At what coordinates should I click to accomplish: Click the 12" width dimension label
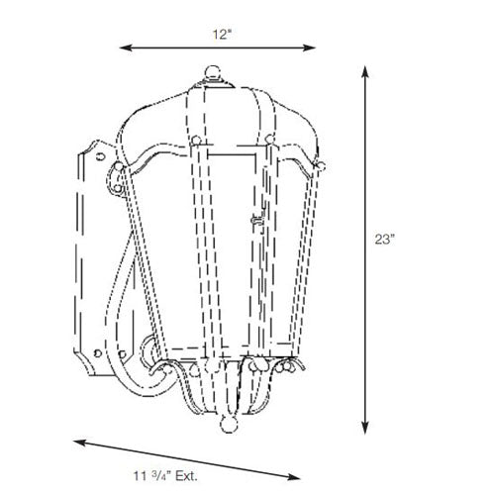(x=221, y=35)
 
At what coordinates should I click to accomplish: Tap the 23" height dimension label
(x=384, y=240)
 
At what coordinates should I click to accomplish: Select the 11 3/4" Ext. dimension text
(x=165, y=476)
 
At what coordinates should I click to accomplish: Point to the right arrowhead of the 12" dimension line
(x=309, y=48)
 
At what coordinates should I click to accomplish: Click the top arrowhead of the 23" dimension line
(x=364, y=72)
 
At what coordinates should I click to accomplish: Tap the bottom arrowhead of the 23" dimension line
(x=364, y=428)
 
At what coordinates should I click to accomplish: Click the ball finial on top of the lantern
(x=213, y=72)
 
